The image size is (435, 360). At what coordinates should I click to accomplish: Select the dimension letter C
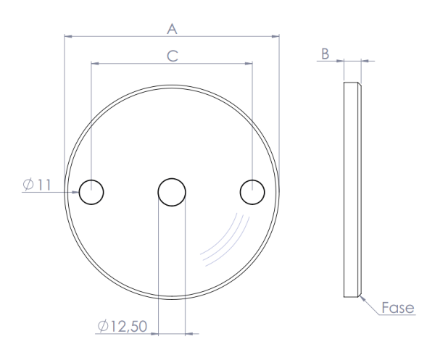click(172, 55)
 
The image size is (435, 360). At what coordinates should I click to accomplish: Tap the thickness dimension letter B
click(326, 54)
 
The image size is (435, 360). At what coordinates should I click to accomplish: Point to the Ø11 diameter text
click(36, 185)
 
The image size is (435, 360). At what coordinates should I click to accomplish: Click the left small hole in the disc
click(91, 192)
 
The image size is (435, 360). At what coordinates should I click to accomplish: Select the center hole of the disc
click(172, 192)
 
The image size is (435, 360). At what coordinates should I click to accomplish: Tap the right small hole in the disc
click(252, 192)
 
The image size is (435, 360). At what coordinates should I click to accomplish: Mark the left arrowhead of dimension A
click(67, 35)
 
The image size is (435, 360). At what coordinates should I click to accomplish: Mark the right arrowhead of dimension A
click(275, 35)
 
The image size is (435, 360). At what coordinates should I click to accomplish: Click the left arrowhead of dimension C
click(94, 63)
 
